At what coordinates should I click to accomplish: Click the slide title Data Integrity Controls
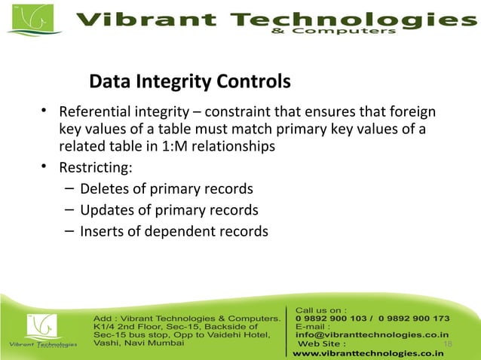[189, 81]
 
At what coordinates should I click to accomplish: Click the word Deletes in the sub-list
[106, 189]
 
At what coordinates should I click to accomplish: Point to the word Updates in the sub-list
[108, 210]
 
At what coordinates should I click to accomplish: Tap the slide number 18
[447, 344]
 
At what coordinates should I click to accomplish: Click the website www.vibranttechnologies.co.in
[368, 352]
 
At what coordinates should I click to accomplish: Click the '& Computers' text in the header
[354, 32]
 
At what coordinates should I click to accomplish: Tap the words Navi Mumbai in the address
[155, 342]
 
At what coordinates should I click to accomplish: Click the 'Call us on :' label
[321, 309]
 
